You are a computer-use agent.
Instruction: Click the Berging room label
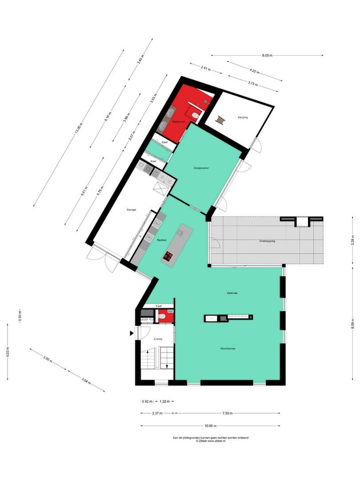(243, 117)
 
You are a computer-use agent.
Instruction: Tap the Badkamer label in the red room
(179, 121)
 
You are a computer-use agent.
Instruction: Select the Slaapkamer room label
(201, 168)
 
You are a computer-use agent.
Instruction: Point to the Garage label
(131, 209)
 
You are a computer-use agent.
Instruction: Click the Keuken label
(162, 240)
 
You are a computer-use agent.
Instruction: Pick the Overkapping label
(268, 241)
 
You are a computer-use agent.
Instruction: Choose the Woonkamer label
(228, 348)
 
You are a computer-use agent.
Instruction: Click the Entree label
(157, 339)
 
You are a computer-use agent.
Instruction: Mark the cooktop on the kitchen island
(168, 255)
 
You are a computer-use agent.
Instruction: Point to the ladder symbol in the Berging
(221, 120)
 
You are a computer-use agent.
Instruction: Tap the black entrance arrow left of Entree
(132, 333)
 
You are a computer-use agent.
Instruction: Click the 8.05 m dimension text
(267, 56)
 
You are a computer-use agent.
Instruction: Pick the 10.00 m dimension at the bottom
(210, 426)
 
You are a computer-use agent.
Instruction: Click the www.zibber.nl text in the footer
(217, 441)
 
